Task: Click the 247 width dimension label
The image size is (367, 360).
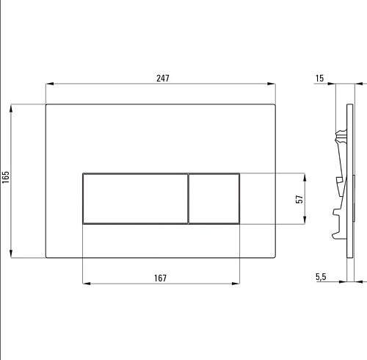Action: click(163, 79)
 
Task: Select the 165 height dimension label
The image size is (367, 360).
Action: click(6, 177)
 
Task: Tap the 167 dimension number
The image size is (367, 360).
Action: click(160, 278)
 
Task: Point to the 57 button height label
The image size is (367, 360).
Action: click(299, 199)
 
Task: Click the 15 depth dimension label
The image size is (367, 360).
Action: click(319, 79)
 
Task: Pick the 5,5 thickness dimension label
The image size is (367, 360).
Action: click(321, 277)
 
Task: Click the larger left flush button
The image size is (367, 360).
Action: click(135, 198)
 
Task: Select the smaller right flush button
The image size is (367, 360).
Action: click(214, 198)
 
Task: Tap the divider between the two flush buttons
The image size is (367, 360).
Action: click(188, 198)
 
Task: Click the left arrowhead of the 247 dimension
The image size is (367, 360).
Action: click(49, 84)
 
